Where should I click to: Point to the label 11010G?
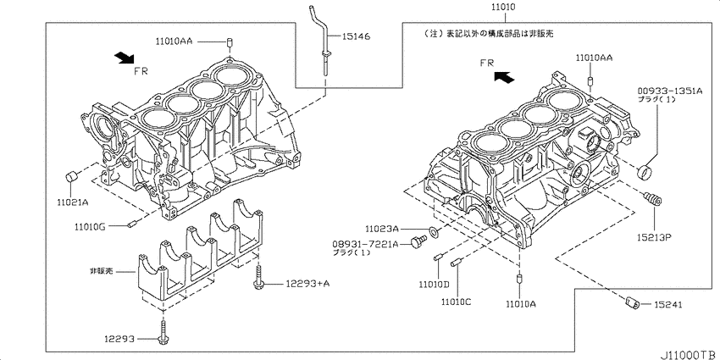click(91, 227)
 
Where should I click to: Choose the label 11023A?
click(384, 229)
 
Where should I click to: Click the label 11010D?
click(433, 285)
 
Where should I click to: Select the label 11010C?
click(455, 301)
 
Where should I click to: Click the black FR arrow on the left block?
click(124, 57)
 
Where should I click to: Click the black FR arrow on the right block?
click(504, 76)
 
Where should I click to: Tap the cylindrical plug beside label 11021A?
click(73, 176)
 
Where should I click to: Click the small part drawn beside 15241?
click(631, 301)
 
